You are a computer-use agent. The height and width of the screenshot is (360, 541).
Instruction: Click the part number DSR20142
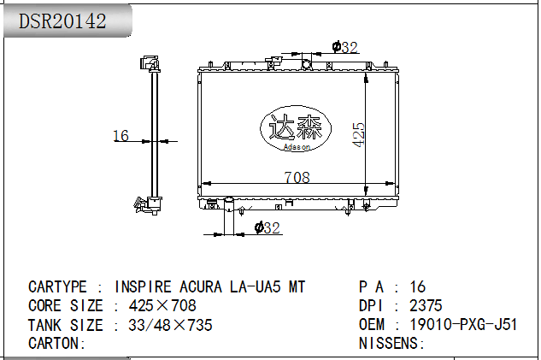(62, 21)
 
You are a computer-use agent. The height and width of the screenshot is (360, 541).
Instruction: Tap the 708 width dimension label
(297, 177)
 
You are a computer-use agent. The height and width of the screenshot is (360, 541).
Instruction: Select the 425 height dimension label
(358, 134)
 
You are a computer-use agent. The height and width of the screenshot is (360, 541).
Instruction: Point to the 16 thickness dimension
(121, 135)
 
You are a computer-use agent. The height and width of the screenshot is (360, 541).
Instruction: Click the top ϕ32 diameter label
(344, 47)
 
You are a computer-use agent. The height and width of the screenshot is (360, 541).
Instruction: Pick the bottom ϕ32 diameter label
(267, 227)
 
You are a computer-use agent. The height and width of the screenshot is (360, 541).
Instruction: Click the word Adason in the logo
(297, 147)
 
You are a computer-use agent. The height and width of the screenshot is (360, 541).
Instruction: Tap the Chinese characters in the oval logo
(296, 127)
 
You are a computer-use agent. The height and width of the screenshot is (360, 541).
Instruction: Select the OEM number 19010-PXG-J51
(463, 324)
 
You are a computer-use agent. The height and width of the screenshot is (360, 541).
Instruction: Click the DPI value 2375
(426, 305)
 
